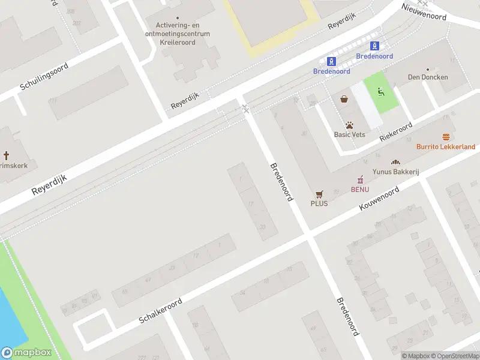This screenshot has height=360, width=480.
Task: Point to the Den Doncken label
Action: click(x=428, y=77)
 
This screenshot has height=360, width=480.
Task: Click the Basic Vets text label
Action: click(x=349, y=134)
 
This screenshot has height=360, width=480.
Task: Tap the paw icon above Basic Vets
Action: click(x=349, y=125)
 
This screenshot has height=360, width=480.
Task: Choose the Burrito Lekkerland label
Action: click(x=446, y=146)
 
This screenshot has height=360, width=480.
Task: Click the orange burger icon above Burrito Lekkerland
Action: click(x=446, y=137)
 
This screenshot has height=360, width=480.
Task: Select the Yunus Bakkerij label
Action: click(x=395, y=172)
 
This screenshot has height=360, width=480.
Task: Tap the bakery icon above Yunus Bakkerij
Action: click(x=395, y=163)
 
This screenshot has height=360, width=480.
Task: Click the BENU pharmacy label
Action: click(x=360, y=190)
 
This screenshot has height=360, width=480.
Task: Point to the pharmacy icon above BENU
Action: click(x=360, y=180)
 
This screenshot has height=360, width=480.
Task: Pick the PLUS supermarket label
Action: click(x=319, y=203)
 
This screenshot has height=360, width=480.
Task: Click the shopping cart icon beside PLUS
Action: click(x=319, y=194)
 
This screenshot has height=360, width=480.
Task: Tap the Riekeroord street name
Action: click(x=396, y=131)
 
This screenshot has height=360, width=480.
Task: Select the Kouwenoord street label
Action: click(x=379, y=198)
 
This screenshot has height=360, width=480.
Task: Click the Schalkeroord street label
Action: click(x=160, y=310)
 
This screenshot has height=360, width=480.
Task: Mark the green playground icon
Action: click(x=380, y=92)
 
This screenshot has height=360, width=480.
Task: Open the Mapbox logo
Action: click(x=26, y=353)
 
